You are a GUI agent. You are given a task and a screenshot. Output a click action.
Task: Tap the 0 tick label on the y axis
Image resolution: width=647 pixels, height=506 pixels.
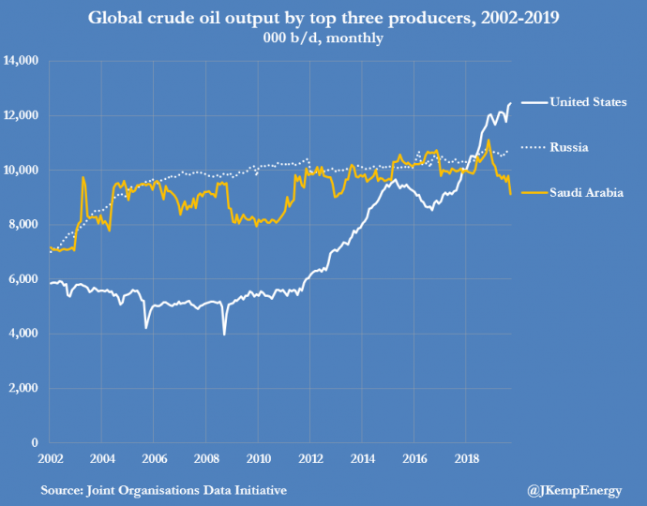[x=35, y=442]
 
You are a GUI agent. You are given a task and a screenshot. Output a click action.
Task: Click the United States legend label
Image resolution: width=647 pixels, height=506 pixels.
[x=588, y=102]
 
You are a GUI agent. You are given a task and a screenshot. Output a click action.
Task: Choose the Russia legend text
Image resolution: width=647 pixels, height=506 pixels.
[x=569, y=147]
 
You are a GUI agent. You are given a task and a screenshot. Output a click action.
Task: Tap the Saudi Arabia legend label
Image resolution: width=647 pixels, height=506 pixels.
[x=587, y=192]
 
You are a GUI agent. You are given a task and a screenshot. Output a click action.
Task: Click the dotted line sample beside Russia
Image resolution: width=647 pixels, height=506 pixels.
[x=531, y=147]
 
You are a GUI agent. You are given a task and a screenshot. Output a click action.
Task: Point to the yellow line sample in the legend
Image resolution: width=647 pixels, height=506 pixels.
[x=531, y=192]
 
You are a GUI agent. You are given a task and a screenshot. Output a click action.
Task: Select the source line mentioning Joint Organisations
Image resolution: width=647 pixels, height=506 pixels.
[x=163, y=490]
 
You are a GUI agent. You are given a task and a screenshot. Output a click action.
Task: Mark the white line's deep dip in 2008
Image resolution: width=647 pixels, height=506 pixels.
[x=224, y=334]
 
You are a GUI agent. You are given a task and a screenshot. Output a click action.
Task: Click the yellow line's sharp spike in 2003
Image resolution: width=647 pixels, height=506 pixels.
[x=83, y=177]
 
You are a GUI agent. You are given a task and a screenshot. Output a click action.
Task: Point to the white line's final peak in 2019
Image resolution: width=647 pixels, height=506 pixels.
[x=510, y=103]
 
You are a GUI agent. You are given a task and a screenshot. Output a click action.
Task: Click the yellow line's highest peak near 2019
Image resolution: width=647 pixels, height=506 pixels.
[x=489, y=141]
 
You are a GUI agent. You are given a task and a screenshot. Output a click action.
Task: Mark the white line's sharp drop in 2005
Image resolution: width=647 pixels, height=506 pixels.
[x=146, y=327]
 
